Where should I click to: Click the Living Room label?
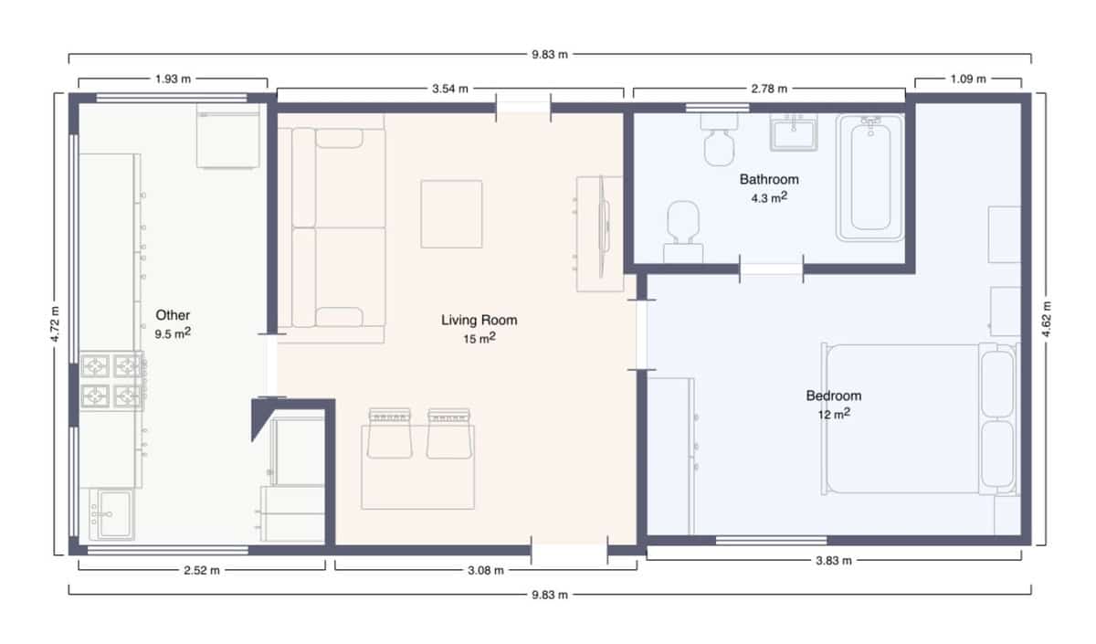[x=479, y=320]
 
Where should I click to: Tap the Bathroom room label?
[x=769, y=179]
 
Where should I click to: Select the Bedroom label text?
[x=833, y=396]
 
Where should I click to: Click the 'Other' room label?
[x=173, y=315]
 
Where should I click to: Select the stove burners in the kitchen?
[x=112, y=381]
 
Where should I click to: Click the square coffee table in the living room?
[x=451, y=214]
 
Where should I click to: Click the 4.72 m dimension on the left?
[x=56, y=323]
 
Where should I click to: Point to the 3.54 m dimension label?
[x=449, y=89]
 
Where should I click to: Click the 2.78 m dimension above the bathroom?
[x=768, y=89]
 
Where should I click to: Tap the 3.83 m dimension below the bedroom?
[x=833, y=560]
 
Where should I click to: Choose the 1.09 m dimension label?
[x=968, y=79]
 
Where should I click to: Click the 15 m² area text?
[x=479, y=338]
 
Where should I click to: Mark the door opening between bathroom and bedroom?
[x=771, y=269]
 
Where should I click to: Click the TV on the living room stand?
[x=603, y=225]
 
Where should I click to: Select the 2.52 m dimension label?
[x=201, y=570]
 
